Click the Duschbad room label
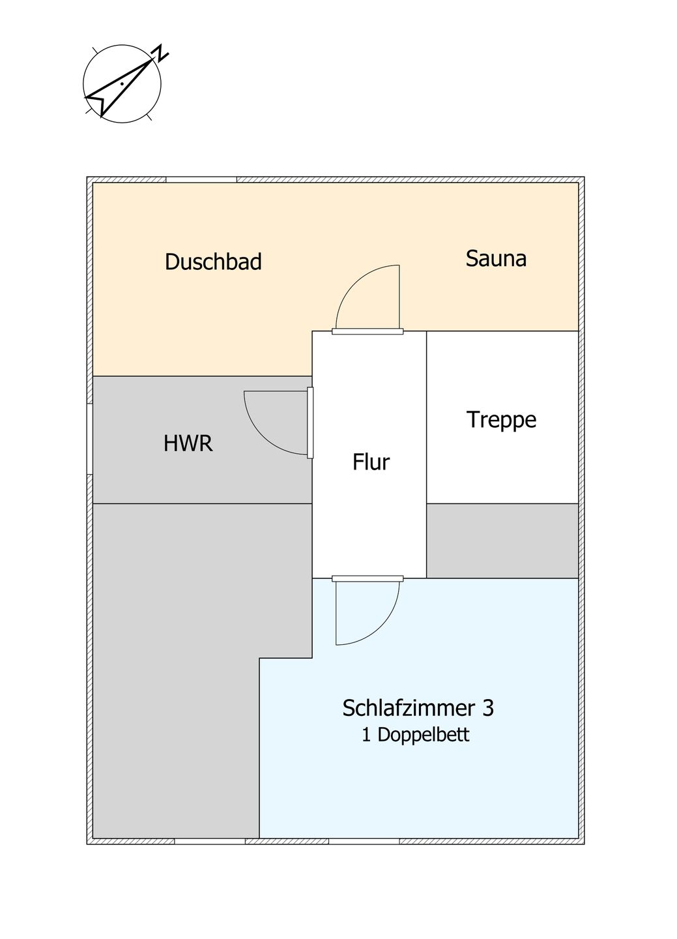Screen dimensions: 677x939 click(x=213, y=261)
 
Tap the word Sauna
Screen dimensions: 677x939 click(x=496, y=258)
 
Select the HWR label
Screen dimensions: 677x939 click(x=188, y=443)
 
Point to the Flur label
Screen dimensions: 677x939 click(x=371, y=462)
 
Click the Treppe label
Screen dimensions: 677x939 click(x=502, y=420)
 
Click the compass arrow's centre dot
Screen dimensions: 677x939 click(x=121, y=84)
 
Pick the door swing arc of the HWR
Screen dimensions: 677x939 click(x=263, y=436)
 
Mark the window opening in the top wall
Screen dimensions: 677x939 click(x=201, y=180)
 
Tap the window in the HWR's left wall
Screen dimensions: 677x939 click(x=90, y=439)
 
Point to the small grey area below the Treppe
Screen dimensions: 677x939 click(x=503, y=541)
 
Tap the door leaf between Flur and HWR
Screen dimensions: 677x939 click(x=310, y=423)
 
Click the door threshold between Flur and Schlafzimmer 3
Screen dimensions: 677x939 click(x=368, y=578)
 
